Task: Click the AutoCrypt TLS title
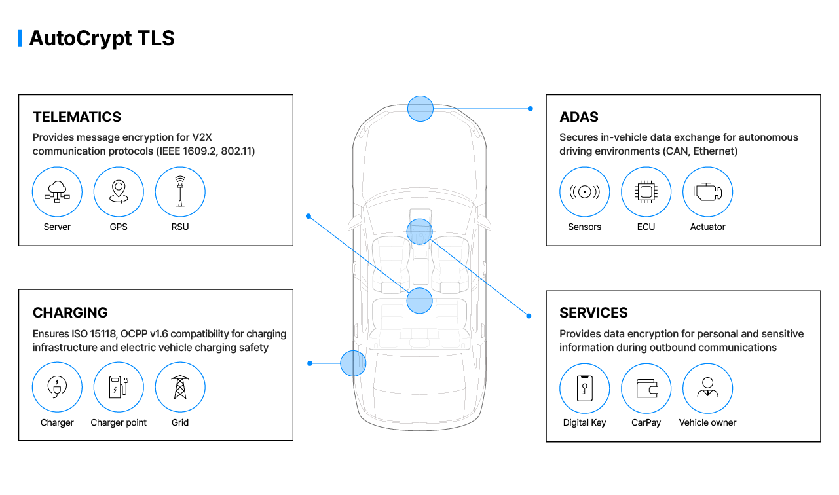tap(102, 38)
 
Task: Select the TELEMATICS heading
tap(77, 117)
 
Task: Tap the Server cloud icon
tap(57, 192)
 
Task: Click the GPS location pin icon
tap(119, 192)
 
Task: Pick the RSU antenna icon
tap(180, 192)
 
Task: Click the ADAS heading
tap(578, 117)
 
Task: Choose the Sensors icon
tap(584, 192)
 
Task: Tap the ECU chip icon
tap(646, 192)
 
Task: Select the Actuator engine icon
tap(707, 192)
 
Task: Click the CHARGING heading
tap(70, 313)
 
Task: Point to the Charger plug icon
tap(57, 388)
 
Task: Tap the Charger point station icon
tap(119, 388)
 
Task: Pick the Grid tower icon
tap(180, 388)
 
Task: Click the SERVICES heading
tap(593, 313)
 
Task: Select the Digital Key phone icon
tap(584, 388)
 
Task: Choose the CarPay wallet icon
tap(646, 388)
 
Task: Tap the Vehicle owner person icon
tap(707, 388)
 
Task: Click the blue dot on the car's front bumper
tap(420, 109)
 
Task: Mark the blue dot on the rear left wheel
tap(353, 363)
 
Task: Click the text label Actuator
tap(707, 227)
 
